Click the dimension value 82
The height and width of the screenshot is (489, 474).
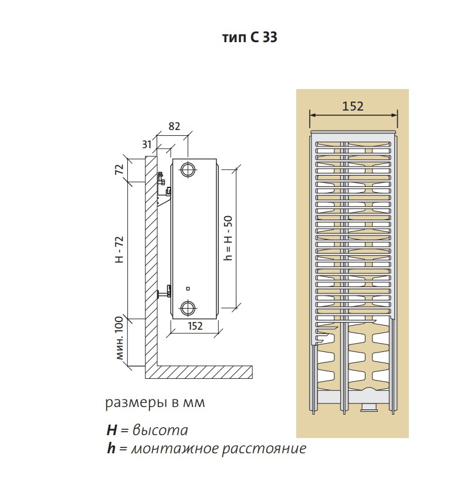pyautogui.click(x=174, y=126)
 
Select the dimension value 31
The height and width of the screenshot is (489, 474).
pyautogui.click(x=147, y=144)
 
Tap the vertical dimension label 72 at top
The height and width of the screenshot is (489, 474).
pyautogui.click(x=118, y=170)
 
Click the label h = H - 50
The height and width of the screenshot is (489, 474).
pyautogui.click(x=229, y=237)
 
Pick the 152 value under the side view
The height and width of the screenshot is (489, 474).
pyautogui.click(x=195, y=326)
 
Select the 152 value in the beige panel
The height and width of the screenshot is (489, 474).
pyautogui.click(x=353, y=106)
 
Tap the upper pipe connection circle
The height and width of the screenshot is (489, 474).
pyautogui.click(x=188, y=169)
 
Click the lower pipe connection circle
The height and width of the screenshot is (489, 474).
pyautogui.click(x=188, y=307)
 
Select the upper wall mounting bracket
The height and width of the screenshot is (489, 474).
pyautogui.click(x=163, y=183)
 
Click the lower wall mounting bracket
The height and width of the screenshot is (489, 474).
pyautogui.click(x=167, y=289)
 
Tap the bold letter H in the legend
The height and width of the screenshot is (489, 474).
pyautogui.click(x=111, y=430)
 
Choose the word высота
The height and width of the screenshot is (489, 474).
pyautogui.click(x=160, y=430)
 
